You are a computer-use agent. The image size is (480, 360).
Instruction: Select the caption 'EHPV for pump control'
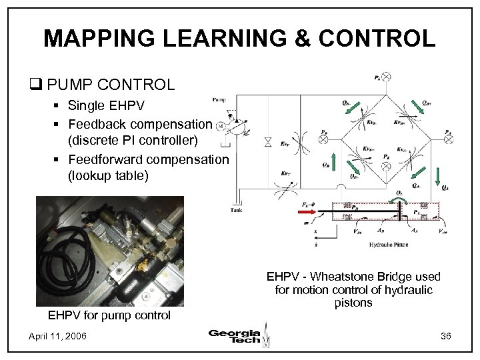point(109,315)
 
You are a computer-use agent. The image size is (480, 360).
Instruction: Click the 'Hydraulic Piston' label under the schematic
point(389,245)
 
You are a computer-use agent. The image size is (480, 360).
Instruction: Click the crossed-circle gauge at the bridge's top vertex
point(387,77)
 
